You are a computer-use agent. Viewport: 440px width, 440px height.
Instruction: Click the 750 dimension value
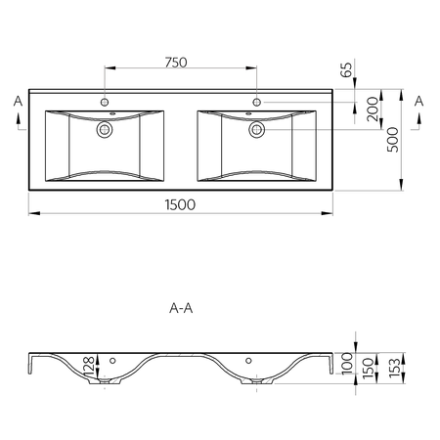click(176, 63)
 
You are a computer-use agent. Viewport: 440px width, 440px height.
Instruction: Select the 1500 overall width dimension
click(180, 204)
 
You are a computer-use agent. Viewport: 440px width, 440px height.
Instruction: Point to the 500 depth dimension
click(393, 140)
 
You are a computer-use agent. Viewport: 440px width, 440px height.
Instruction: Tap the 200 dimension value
click(373, 109)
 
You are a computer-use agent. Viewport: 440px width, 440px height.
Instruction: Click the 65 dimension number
click(346, 69)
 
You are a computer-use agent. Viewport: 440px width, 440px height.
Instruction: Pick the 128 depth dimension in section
click(89, 365)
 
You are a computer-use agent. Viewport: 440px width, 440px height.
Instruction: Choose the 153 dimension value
click(394, 368)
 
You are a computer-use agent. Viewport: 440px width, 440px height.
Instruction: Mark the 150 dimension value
click(368, 368)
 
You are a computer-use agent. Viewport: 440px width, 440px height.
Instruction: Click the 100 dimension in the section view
click(347, 363)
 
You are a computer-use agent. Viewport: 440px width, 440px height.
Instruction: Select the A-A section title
click(181, 308)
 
